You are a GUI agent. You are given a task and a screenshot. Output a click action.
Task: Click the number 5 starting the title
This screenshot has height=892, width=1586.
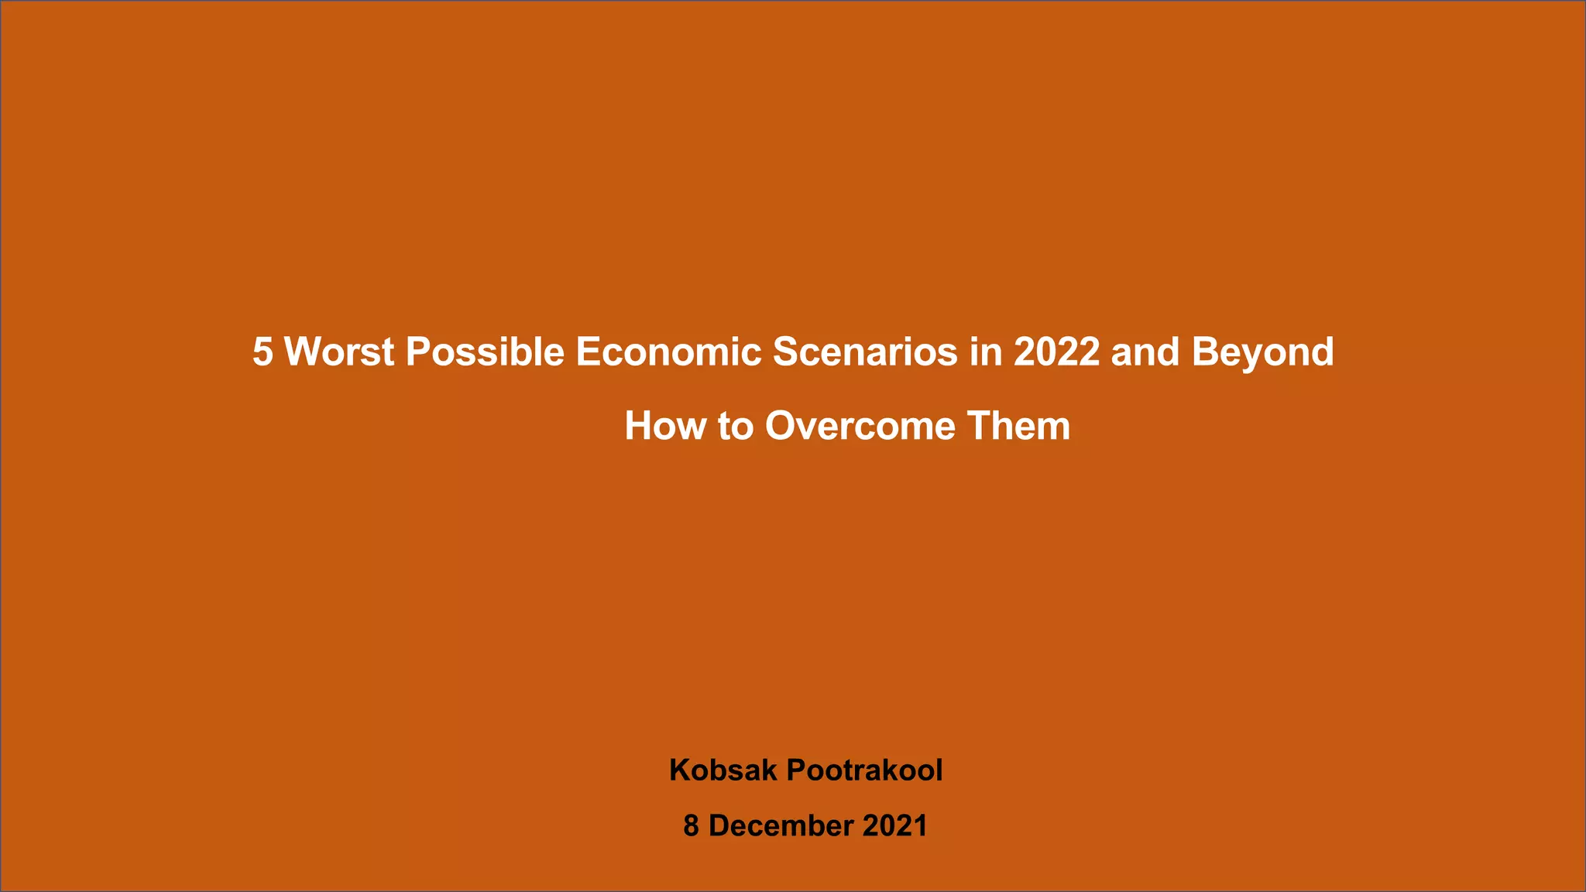click(x=263, y=352)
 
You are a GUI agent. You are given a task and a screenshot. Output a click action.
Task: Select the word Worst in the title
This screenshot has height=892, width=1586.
click(x=339, y=352)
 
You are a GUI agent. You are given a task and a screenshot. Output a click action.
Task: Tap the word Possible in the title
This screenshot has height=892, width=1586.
click(x=485, y=352)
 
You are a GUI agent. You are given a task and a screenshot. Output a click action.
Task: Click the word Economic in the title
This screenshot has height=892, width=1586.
click(x=668, y=352)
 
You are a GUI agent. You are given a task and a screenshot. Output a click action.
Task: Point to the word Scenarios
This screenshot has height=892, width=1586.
click(x=865, y=352)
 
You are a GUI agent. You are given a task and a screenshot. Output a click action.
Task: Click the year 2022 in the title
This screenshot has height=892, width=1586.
click(x=1056, y=352)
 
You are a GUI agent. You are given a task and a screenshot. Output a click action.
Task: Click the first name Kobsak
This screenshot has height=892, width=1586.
click(x=723, y=770)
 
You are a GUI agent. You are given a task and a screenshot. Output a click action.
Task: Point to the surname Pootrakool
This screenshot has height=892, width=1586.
click(x=864, y=770)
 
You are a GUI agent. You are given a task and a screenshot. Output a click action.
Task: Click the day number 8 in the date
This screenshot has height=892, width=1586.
click(x=691, y=826)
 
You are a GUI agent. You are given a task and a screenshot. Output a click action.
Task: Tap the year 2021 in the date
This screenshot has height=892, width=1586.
click(x=894, y=826)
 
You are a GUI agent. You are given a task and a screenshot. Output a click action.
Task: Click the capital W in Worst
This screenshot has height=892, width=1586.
click(x=301, y=352)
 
